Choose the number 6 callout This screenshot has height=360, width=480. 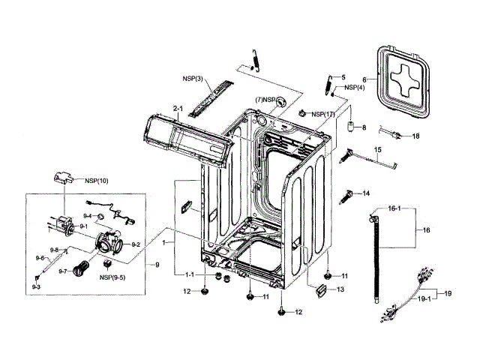tap(364, 78)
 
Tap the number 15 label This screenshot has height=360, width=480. tap(378, 150)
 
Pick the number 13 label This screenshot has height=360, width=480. tap(340, 289)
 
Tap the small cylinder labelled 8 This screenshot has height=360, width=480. tap(349, 127)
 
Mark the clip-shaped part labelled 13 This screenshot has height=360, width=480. tap(322, 289)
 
